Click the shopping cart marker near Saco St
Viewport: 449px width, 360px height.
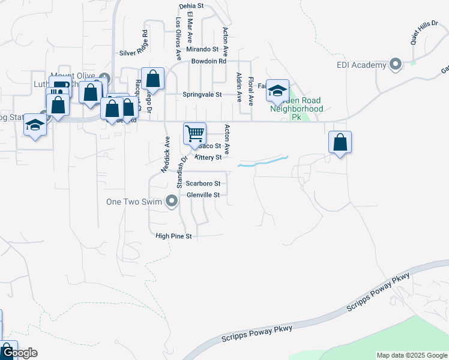coord(194,133)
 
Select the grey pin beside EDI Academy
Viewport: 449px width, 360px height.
coord(396,64)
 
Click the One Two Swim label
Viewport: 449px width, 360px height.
coord(134,202)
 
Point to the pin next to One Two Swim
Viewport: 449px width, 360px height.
coord(172,201)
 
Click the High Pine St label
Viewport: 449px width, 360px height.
coord(173,236)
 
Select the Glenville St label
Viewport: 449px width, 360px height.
coord(203,195)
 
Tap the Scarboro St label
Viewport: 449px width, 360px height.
coord(203,184)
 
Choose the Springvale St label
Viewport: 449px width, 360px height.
coord(202,95)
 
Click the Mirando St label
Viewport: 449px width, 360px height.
coord(202,49)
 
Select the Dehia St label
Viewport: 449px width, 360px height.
coord(192,5)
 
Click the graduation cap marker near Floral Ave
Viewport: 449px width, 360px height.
coord(277,91)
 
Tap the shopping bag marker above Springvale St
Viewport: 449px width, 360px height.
coord(153,78)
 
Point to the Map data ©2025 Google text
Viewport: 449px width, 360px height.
coord(411,355)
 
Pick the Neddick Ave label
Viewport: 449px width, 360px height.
coord(165,154)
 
